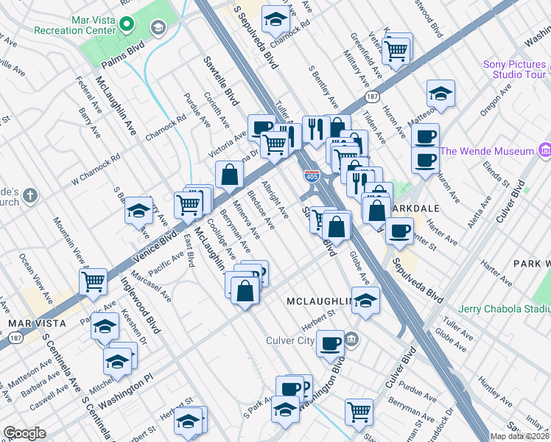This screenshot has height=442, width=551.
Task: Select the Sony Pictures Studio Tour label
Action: tap(514, 69)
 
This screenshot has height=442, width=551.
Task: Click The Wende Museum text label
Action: tap(487, 151)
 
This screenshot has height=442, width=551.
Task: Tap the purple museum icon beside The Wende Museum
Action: tap(545, 151)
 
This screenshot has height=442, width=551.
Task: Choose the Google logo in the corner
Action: tap(24, 433)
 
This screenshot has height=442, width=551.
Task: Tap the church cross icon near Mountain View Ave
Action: tap(29, 196)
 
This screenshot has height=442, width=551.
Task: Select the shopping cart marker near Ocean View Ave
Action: tap(94, 281)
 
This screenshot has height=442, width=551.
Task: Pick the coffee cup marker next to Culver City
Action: tap(330, 342)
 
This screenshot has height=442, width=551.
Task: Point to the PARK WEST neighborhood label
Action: tap(532, 263)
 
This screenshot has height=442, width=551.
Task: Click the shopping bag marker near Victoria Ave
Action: tap(230, 174)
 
